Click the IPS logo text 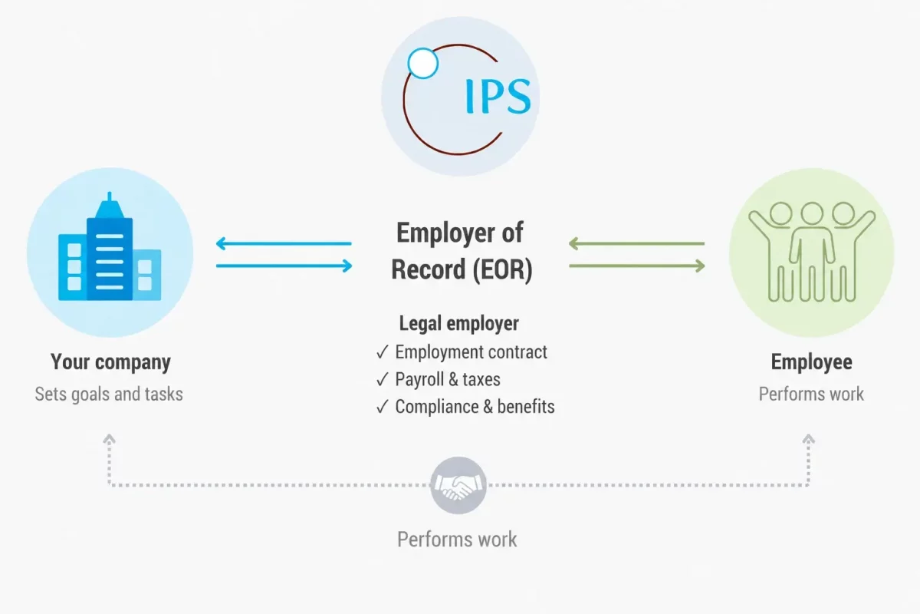pos(498,96)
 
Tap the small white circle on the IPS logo pos(422,64)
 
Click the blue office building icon pos(110,246)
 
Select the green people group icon pos(812,252)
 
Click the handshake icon pos(458,485)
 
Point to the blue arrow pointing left pos(284,243)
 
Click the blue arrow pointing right pos(284,266)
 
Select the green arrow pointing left pos(636,243)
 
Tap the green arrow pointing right pos(637,266)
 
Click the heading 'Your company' pos(110,362)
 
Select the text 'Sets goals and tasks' pos(109,394)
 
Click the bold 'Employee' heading pos(812,362)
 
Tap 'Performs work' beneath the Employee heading pos(811,394)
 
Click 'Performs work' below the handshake pos(457,539)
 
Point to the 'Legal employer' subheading pos(458,323)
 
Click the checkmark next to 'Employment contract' pos(382,352)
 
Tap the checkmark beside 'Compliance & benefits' pos(382,407)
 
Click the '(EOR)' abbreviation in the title pos(502,269)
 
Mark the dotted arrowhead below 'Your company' pos(109,439)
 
